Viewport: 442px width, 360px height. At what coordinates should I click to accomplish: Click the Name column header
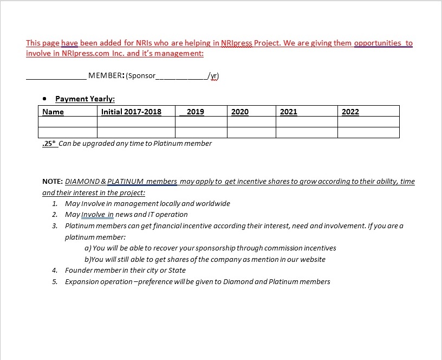[x=53, y=112]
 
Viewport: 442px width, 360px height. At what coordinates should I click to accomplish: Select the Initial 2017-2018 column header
[x=131, y=112]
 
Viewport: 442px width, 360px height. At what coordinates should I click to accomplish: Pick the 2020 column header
[x=240, y=112]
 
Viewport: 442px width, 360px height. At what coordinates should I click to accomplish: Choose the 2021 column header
[x=289, y=112]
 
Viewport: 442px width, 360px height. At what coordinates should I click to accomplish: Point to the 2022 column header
[x=350, y=112]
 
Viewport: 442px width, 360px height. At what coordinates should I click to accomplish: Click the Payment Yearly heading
[x=85, y=99]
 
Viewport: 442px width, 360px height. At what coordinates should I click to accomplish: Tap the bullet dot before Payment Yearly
[x=45, y=99]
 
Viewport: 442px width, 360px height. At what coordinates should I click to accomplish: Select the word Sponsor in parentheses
[x=141, y=76]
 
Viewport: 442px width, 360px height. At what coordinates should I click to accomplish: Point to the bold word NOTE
[x=52, y=182]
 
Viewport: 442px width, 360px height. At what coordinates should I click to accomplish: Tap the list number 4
[x=55, y=271]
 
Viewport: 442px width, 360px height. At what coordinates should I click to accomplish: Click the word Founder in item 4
[x=79, y=271]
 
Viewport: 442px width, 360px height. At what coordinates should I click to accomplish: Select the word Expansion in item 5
[x=81, y=282]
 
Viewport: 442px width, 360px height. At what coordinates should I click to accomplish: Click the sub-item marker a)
[x=88, y=248]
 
